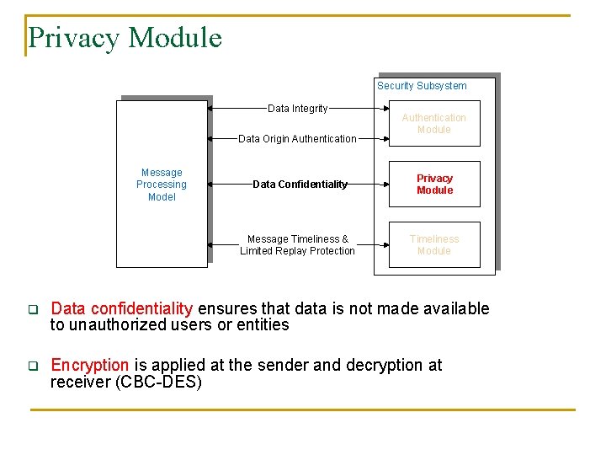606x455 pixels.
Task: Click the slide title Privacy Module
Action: click(125, 38)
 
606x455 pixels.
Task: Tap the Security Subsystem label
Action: click(422, 85)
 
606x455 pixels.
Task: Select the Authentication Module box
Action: click(433, 124)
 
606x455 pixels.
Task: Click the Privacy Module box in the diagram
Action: click(434, 184)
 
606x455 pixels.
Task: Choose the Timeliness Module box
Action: click(434, 244)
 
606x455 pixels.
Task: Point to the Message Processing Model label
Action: click(162, 185)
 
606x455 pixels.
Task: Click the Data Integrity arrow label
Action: click(297, 109)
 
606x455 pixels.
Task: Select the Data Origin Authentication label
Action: click(297, 139)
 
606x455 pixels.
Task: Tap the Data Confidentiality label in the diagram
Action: click(300, 185)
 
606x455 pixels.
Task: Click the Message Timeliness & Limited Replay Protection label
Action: click(297, 245)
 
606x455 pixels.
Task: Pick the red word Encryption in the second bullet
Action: click(90, 365)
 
